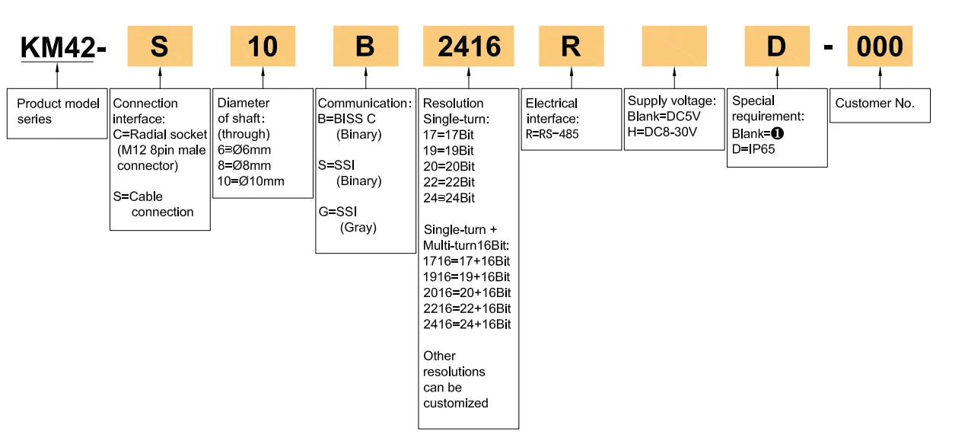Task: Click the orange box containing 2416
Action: (469, 46)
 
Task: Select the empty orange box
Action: (674, 46)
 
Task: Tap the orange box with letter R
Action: (572, 46)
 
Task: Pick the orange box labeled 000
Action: (880, 46)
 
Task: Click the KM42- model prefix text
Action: (63, 46)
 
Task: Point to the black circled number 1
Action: (778, 133)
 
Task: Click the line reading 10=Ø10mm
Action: (250, 181)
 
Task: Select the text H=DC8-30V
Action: (662, 132)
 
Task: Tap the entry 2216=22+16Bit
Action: (466, 308)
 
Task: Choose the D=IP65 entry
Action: (753, 149)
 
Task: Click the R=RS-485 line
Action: (552, 134)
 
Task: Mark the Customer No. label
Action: (874, 104)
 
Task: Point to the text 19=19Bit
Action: (448, 151)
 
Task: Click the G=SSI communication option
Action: (337, 212)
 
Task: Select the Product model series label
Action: (58, 111)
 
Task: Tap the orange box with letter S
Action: (160, 46)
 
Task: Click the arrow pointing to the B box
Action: (365, 78)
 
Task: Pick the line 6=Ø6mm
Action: (244, 150)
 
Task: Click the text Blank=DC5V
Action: (664, 117)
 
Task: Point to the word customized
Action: (456, 403)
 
